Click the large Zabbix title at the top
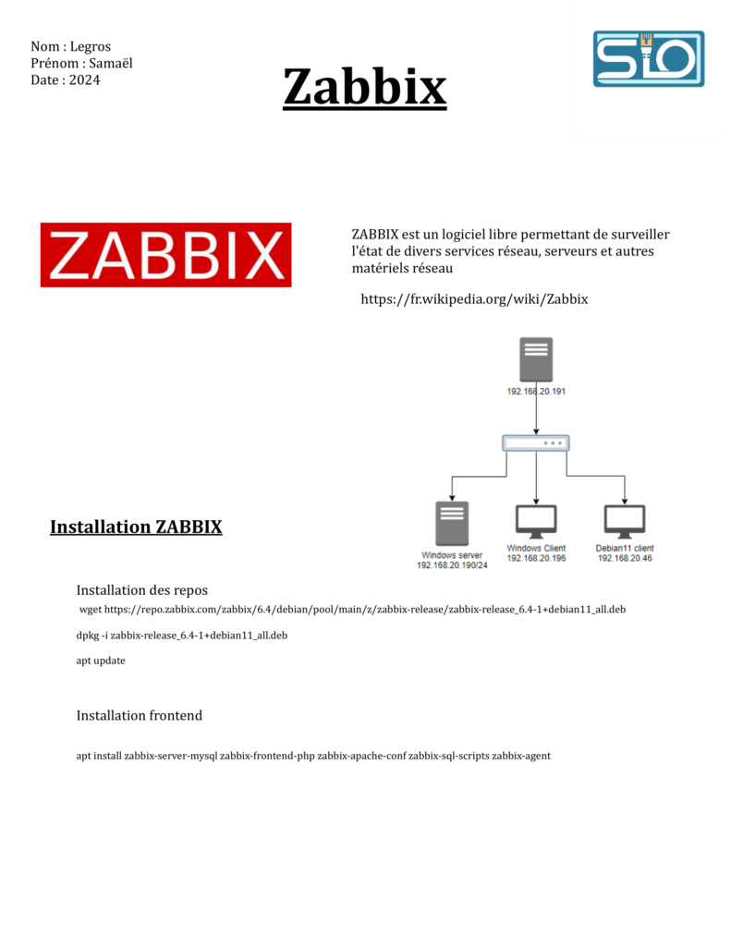(x=364, y=88)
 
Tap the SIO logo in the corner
(x=648, y=59)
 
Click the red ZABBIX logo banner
(x=165, y=255)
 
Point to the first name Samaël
(x=112, y=64)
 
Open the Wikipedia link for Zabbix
(x=474, y=299)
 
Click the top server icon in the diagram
(x=536, y=359)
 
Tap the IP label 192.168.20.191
(x=536, y=392)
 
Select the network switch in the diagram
(x=536, y=443)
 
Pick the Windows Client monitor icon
(x=536, y=522)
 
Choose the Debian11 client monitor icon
(x=625, y=522)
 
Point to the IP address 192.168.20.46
(x=625, y=559)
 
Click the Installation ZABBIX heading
(x=136, y=528)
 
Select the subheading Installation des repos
(x=142, y=590)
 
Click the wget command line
(x=352, y=610)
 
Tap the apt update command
(x=101, y=661)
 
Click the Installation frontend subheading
(x=139, y=716)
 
